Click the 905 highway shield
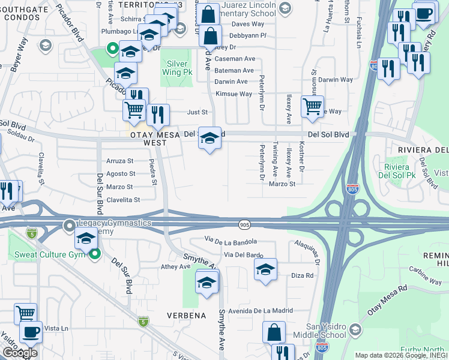pos(246,224)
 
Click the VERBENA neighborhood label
pos(186,316)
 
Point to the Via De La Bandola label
pos(231,241)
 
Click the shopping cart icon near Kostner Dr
pos(312,107)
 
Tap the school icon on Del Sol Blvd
pos(209,139)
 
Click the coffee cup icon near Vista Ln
pos(31,331)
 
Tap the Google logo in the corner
pos(19,353)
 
